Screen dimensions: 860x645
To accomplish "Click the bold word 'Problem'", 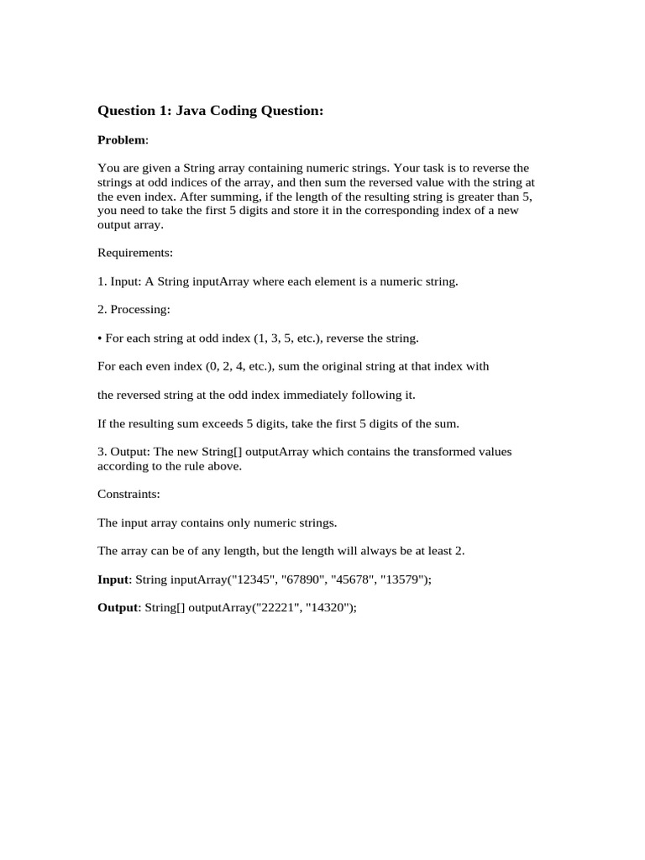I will (122, 139).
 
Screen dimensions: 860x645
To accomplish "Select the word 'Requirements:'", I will (135, 253).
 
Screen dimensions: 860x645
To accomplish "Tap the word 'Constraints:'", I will (131, 495).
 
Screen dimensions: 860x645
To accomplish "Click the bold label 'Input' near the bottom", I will (113, 580).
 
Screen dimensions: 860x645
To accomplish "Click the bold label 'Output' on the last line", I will (117, 609).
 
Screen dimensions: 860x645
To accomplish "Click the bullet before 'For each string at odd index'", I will (100, 338).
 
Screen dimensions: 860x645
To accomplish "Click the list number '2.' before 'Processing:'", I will (102, 310).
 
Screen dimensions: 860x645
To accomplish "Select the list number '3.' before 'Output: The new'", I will (102, 452).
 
